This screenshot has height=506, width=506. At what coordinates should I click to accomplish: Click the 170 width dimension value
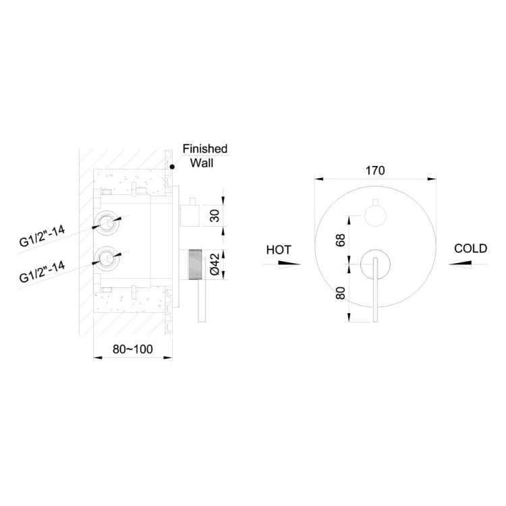[375, 171]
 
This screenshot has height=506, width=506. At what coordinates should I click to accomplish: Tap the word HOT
[279, 250]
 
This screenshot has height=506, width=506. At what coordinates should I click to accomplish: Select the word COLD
[470, 248]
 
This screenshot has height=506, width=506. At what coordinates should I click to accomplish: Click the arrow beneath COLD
[460, 264]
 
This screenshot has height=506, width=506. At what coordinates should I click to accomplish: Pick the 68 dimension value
[341, 240]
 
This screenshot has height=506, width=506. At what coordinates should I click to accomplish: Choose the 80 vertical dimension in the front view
[341, 293]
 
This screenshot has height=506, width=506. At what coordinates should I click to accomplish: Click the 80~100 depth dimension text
[133, 349]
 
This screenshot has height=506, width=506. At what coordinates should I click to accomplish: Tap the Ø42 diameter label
[215, 264]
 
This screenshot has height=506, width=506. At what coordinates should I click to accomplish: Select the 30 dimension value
[215, 216]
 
